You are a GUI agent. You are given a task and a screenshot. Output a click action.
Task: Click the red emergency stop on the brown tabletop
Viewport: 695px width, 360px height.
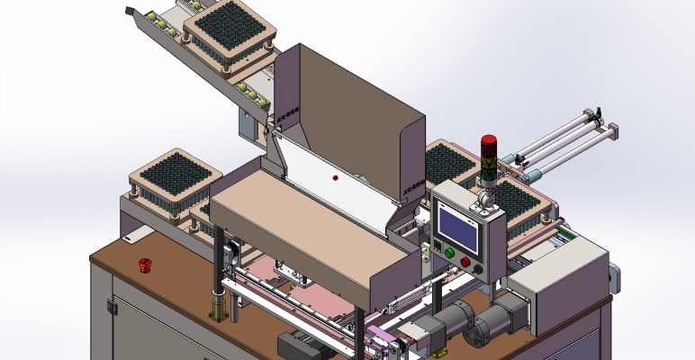[142, 264]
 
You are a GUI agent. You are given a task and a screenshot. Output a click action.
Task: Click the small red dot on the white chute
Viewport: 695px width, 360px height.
[335, 179]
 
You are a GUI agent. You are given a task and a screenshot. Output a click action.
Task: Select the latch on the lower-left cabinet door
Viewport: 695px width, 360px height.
[113, 307]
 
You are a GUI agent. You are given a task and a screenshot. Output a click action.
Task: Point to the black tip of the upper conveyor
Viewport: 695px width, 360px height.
[129, 11]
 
